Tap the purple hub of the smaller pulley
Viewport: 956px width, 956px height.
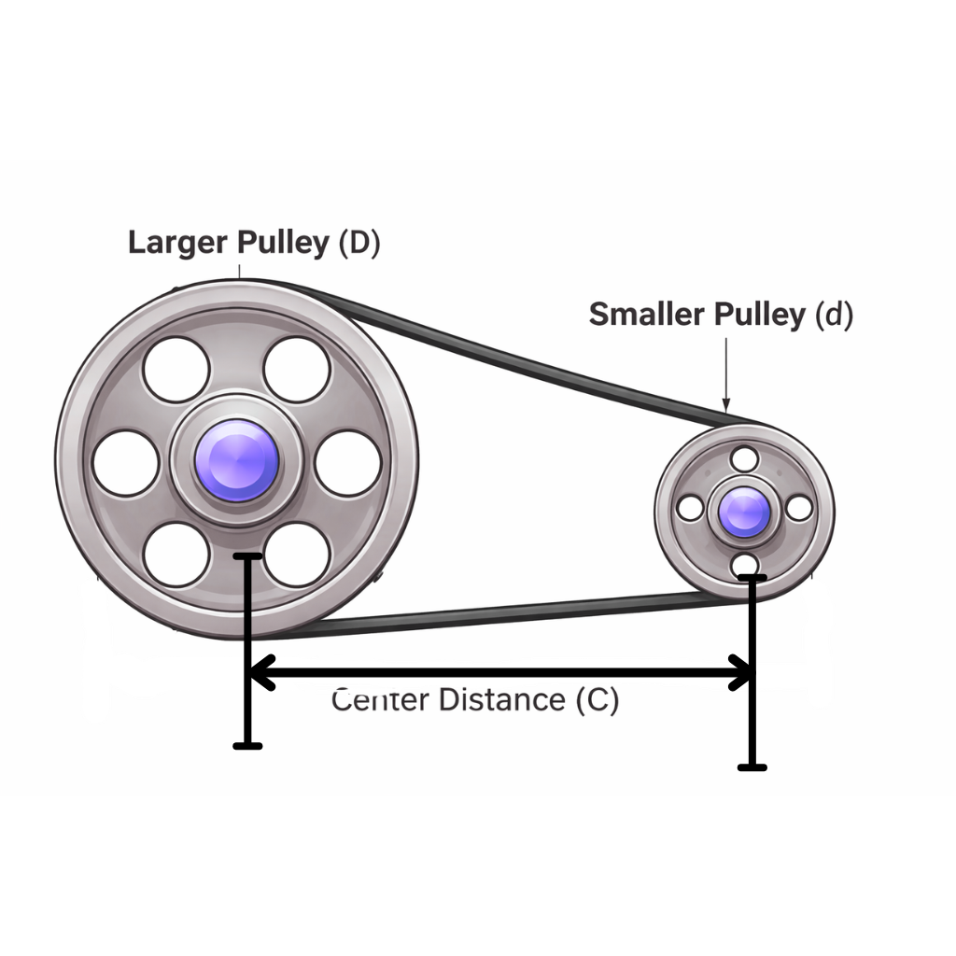(745, 512)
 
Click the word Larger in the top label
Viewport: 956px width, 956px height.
(177, 242)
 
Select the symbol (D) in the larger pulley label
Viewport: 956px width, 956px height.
(358, 242)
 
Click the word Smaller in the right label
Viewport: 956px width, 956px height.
(647, 315)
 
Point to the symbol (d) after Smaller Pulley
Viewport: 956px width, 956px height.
(834, 315)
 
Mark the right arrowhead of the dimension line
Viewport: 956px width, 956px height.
(743, 671)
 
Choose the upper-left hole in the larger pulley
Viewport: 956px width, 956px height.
(176, 370)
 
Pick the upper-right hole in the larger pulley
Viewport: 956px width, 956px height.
(297, 370)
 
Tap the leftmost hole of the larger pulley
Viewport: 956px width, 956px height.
(125, 463)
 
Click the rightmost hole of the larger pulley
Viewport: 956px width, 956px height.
(347, 463)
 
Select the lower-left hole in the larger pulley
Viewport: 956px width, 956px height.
(176, 555)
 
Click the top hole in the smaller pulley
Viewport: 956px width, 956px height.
(745, 458)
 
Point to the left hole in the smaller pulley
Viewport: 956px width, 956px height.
(690, 508)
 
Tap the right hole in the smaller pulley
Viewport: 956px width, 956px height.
(799, 508)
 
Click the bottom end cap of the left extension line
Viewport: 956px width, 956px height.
(247, 745)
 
